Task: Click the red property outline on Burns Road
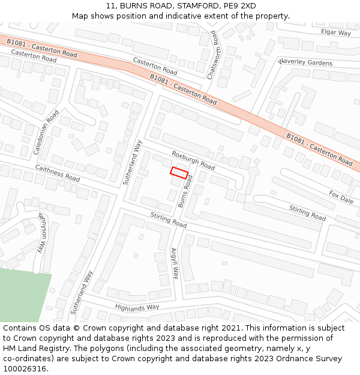click(x=179, y=173)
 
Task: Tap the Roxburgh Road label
click(x=193, y=160)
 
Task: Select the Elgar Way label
click(x=335, y=32)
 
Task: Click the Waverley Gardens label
click(x=305, y=62)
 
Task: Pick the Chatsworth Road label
click(x=212, y=55)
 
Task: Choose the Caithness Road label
click(x=57, y=173)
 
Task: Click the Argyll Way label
click(x=175, y=263)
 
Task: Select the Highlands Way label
click(x=137, y=307)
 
